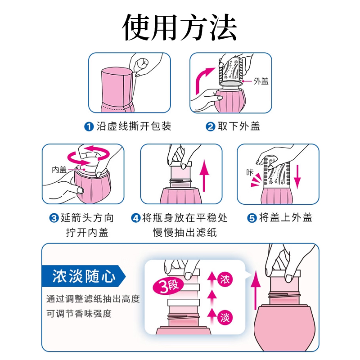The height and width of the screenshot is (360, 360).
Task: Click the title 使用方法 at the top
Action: point(180,28)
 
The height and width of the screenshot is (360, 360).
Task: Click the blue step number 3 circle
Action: point(54,219)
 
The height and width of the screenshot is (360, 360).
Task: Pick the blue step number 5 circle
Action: point(252,219)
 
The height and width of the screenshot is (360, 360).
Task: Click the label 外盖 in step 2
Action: point(261,81)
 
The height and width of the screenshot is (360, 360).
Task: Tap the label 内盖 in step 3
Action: point(59,170)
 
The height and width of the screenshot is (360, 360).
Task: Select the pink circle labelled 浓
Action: point(225,279)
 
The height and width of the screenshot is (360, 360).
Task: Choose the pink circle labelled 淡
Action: point(225,318)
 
